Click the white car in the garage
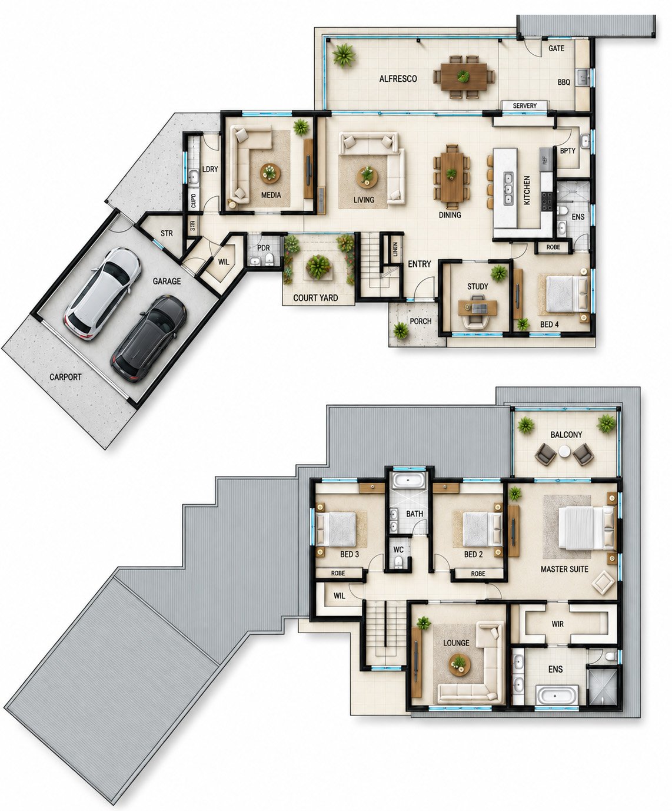pos(103,294)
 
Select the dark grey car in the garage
pos(149,339)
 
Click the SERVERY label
pos(524,105)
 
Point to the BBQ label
pos(564,82)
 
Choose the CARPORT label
pos(65,377)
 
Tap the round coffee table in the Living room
pos(367,177)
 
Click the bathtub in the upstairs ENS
pos(557,695)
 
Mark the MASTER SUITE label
pos(564,569)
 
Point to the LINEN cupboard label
pos(395,249)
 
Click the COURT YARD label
pos(315,298)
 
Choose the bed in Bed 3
pos(337,528)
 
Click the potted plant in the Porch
pos(401,330)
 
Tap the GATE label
pos(557,48)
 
